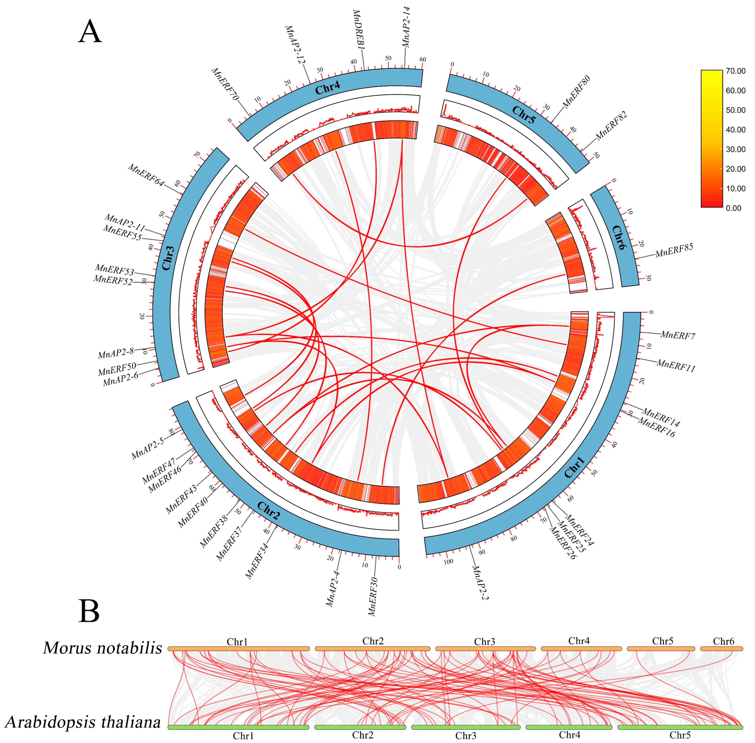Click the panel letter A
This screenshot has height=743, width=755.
[90, 32]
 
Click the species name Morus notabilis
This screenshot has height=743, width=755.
[102, 648]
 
